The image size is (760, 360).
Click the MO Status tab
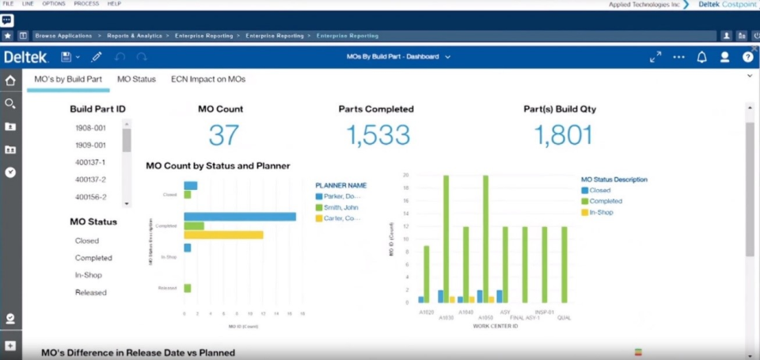(x=136, y=79)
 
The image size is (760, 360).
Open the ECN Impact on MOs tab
(x=208, y=79)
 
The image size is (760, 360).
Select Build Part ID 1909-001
(x=90, y=145)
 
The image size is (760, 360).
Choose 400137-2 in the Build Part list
(x=90, y=180)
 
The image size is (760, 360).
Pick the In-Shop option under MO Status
(x=88, y=275)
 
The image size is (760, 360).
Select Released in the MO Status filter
(x=90, y=293)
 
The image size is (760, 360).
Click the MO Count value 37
(x=223, y=135)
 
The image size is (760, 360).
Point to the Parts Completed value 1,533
(x=378, y=135)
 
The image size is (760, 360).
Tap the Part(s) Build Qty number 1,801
(x=563, y=135)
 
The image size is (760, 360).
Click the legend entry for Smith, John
(x=340, y=207)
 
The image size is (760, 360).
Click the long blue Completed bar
(x=240, y=217)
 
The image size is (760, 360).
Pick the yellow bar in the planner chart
(x=223, y=234)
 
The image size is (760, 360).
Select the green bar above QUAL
(x=564, y=264)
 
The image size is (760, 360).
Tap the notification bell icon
(x=701, y=57)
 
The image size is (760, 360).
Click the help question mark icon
(x=747, y=57)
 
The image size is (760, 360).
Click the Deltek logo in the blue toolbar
(x=26, y=57)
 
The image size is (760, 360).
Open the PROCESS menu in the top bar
(x=86, y=4)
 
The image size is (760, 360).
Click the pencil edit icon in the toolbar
(x=97, y=57)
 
